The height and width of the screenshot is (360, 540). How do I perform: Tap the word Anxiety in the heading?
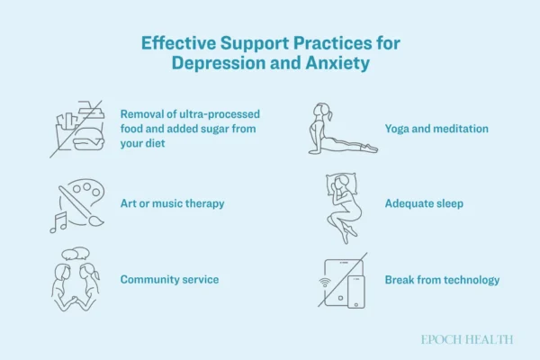coord(337,63)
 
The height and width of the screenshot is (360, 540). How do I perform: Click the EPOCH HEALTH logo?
coord(467,339)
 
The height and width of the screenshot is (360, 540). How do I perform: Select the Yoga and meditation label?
coord(436,129)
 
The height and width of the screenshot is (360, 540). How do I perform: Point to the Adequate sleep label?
coord(424,203)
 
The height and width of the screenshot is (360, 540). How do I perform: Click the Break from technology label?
coord(442,280)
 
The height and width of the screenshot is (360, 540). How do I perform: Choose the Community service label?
coord(169,279)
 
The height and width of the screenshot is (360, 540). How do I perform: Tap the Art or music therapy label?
coord(172,203)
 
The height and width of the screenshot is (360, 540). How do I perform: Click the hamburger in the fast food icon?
coord(88,139)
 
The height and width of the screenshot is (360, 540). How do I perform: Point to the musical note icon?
coord(58,222)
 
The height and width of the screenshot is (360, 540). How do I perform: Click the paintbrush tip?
coord(96,221)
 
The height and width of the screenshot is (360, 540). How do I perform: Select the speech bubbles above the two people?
coord(76,254)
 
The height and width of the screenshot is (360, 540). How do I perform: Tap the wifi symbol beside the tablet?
coord(324,283)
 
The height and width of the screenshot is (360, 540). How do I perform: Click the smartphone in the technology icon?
coord(356,292)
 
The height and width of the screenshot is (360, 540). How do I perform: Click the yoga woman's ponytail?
coord(330,115)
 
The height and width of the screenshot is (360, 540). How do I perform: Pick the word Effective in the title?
coord(178,43)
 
